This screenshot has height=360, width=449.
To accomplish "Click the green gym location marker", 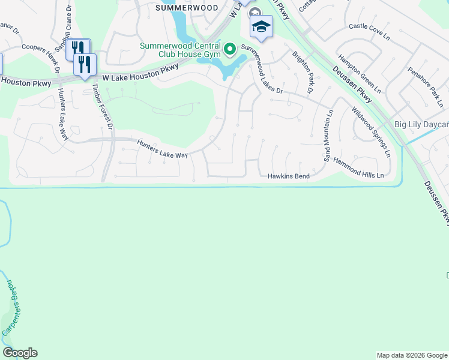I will tap(229, 47).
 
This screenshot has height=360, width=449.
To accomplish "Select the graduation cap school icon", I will tap(261, 27).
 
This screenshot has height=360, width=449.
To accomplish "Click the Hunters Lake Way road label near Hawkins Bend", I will tap(163, 149).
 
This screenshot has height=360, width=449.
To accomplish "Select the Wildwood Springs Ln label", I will tap(371, 132).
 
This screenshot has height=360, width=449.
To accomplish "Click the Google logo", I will tap(20, 353).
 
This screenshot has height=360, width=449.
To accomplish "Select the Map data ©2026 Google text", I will tap(412, 355).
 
